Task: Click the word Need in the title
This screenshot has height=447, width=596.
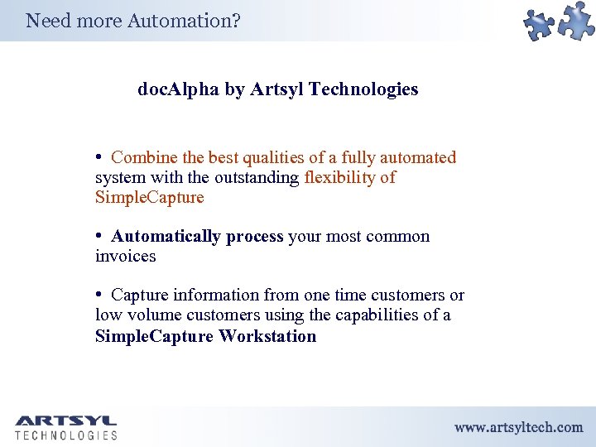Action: coord(48,21)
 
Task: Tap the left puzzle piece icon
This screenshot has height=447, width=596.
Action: coord(541,26)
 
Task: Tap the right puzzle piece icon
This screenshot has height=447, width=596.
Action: coord(576,21)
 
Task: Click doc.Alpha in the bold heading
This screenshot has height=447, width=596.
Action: coord(178,89)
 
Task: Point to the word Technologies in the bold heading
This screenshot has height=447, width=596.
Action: coord(363,89)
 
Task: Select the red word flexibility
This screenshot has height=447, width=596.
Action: coord(344,177)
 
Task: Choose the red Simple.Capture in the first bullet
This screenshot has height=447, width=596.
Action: coord(149,197)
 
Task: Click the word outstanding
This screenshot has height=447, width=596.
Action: coord(257,177)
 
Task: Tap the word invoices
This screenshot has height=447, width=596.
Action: coord(125,257)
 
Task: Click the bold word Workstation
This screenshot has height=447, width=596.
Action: coord(267,336)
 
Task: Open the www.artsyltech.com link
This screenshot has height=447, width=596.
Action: coord(518,427)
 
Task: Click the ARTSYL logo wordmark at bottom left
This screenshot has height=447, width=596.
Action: coord(65,421)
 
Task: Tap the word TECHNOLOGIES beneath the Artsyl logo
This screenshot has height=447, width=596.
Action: coord(65,435)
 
